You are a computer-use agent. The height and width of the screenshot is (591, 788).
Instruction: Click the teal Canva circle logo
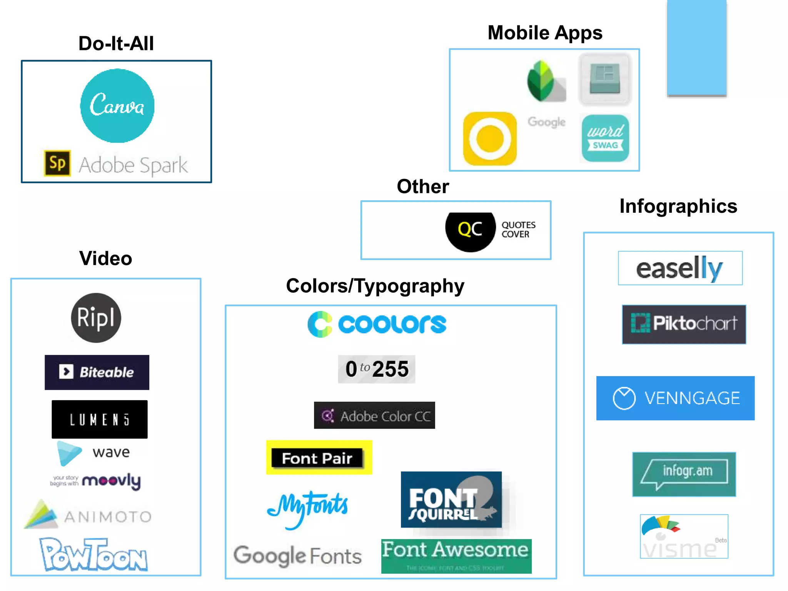(x=117, y=106)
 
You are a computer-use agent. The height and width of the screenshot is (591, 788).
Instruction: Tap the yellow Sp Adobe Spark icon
(x=57, y=163)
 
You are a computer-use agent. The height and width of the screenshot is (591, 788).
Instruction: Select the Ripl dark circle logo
(x=96, y=318)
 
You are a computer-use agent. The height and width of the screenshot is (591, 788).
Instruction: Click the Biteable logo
(x=97, y=372)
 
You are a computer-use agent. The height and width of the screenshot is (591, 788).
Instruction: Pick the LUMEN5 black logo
(x=100, y=419)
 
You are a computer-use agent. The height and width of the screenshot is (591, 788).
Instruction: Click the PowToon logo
(x=93, y=555)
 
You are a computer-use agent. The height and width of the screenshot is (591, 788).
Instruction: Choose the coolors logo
(x=377, y=324)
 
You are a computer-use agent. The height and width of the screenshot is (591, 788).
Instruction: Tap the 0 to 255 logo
(x=376, y=369)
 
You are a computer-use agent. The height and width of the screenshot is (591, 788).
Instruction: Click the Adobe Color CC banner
(x=374, y=416)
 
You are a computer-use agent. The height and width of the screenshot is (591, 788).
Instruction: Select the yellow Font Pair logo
(x=319, y=457)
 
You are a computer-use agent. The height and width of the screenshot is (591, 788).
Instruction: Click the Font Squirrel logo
(x=451, y=499)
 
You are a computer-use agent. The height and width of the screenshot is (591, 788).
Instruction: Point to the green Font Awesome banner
(x=456, y=556)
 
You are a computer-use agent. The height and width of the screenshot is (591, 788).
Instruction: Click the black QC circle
(x=470, y=230)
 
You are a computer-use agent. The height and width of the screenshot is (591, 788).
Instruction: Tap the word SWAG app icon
(x=605, y=138)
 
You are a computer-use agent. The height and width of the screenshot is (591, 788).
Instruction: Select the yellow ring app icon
(x=490, y=139)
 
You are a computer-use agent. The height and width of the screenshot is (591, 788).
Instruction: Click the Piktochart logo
(x=684, y=324)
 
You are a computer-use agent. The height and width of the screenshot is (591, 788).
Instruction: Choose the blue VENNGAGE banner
(x=675, y=398)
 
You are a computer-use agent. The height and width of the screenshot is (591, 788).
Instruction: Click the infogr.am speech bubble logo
(x=684, y=474)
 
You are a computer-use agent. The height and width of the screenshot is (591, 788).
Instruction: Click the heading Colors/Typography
(x=375, y=286)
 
